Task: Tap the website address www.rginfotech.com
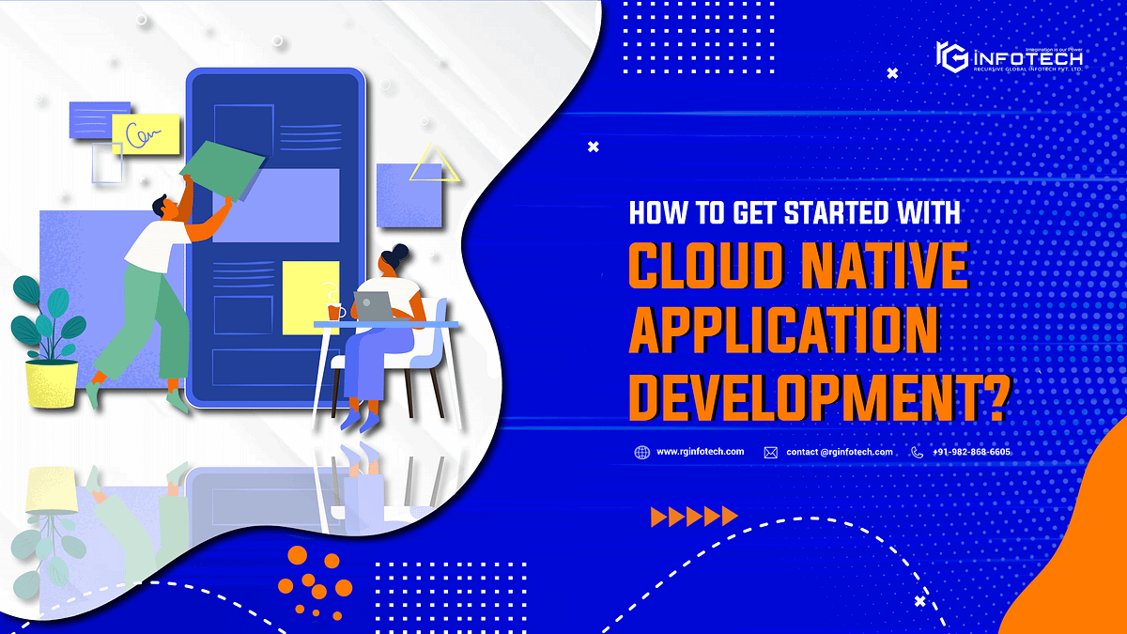[x=701, y=452]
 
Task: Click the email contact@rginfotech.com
[x=840, y=452]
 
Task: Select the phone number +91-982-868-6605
[x=972, y=452]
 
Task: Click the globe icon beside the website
[x=641, y=452]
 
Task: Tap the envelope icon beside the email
[x=770, y=452]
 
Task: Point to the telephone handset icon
[x=917, y=452]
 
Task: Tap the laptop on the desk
[x=373, y=305]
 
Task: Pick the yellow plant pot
[x=51, y=382]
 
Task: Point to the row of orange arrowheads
[x=693, y=516]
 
